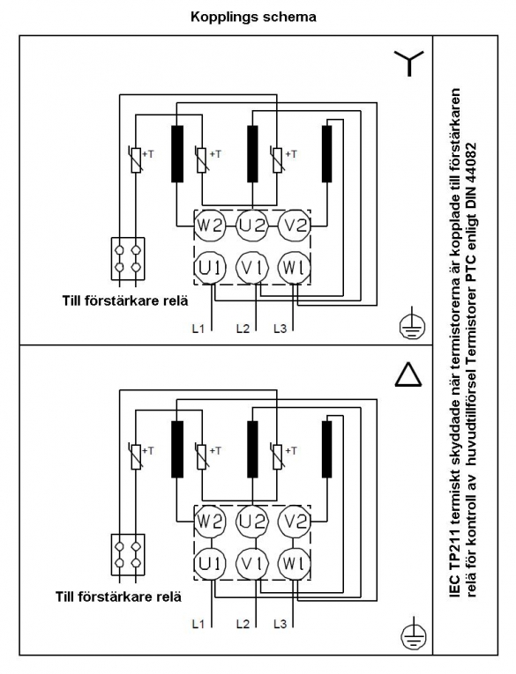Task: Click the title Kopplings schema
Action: [253, 18]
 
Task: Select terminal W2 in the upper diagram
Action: [209, 226]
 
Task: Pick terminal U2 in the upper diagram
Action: [252, 226]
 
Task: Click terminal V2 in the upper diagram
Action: [295, 226]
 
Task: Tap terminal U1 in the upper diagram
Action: [209, 268]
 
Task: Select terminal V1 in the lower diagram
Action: [252, 564]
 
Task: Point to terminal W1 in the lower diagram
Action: [295, 564]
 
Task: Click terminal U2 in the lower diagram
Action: [252, 522]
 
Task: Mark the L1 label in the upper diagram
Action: [198, 329]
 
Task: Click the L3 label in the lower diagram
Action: [280, 624]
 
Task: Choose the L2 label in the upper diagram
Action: [243, 329]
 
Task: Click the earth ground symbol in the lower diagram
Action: [413, 633]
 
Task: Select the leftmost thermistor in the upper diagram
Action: [136, 159]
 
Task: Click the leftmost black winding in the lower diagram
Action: [177, 449]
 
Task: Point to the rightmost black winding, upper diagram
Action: [327, 154]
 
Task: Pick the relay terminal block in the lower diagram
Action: [128, 554]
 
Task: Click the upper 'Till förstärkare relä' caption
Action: [125, 300]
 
